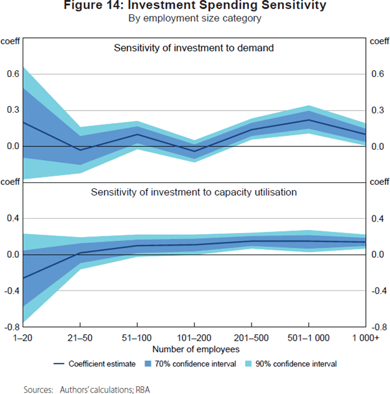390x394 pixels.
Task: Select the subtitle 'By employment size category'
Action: tap(195, 19)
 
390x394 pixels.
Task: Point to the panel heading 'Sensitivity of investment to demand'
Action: tap(194, 48)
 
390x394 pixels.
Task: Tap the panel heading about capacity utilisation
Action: tap(194, 192)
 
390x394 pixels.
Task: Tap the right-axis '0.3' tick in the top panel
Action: tap(378, 110)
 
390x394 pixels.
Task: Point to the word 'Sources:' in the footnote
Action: tap(38, 389)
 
